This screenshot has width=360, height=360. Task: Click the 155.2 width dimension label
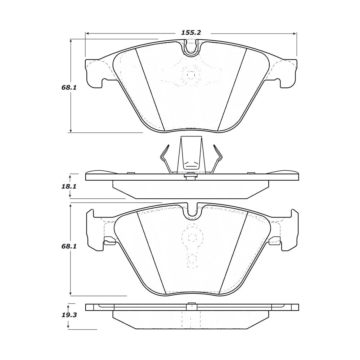tap(191, 33)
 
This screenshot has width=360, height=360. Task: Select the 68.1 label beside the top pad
tap(69, 87)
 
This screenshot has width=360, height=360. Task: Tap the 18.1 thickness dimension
tap(69, 186)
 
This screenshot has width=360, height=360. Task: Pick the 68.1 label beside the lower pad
tap(69, 246)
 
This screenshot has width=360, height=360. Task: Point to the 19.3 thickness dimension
tap(69, 315)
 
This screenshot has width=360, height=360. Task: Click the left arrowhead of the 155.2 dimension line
tap(87, 33)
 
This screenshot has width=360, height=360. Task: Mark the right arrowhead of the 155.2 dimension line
tap(295, 33)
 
